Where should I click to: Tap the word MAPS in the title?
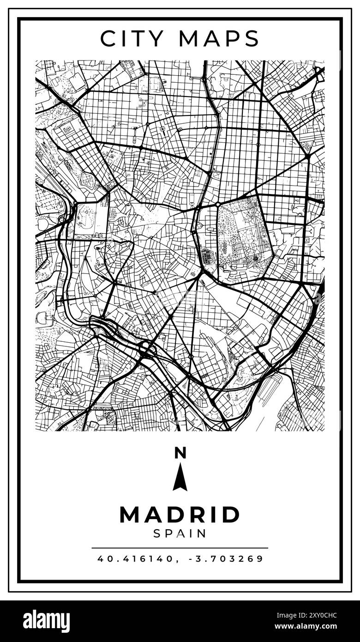219,39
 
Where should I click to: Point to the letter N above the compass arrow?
180,453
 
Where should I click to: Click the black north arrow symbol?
180,478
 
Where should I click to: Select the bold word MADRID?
180,515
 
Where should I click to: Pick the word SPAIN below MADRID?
180,533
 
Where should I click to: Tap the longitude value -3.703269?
226,558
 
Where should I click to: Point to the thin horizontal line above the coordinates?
180,548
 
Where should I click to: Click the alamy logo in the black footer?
47,621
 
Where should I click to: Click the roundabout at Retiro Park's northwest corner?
217,204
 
